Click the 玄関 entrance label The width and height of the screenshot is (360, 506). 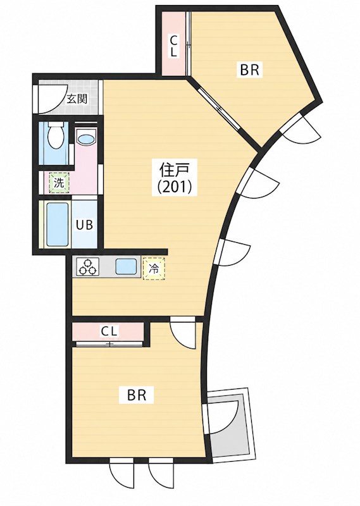point(77,99)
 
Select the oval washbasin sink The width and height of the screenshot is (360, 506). point(86,140)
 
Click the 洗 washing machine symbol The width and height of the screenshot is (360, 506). point(59,183)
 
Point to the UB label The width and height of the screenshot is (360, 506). point(85,225)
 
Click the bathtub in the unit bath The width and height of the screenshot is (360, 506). point(58,225)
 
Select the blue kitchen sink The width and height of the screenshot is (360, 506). point(127,267)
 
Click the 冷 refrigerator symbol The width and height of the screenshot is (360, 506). point(154,268)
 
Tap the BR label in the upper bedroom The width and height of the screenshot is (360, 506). point(249,70)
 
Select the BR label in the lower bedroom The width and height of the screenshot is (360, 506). point(137,395)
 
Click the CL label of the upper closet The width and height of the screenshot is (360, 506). point(174,46)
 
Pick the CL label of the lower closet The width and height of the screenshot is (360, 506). point(110,331)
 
